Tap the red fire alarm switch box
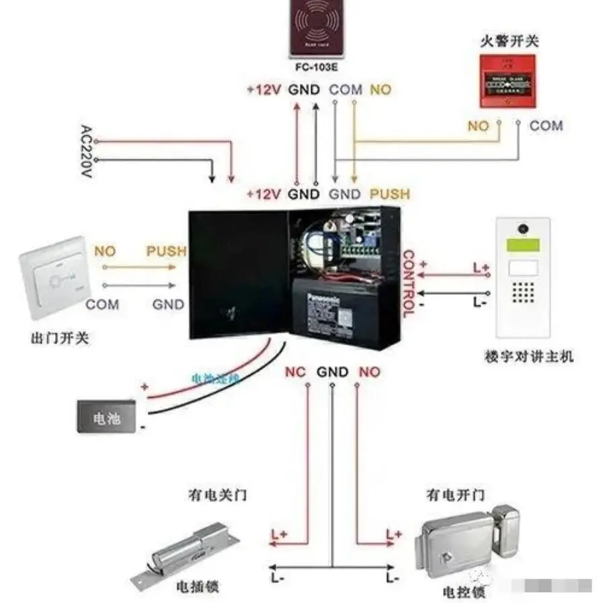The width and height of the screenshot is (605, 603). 509,81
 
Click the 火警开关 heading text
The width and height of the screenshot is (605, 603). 509,42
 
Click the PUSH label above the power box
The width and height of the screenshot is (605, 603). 390,194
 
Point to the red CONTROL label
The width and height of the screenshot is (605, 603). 407,283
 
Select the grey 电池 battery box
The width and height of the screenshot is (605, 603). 107,417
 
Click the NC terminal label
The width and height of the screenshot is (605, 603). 295,372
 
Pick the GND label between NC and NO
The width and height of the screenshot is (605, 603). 332,372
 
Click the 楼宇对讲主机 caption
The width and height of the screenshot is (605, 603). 528,357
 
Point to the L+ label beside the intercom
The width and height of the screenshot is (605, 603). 481,268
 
